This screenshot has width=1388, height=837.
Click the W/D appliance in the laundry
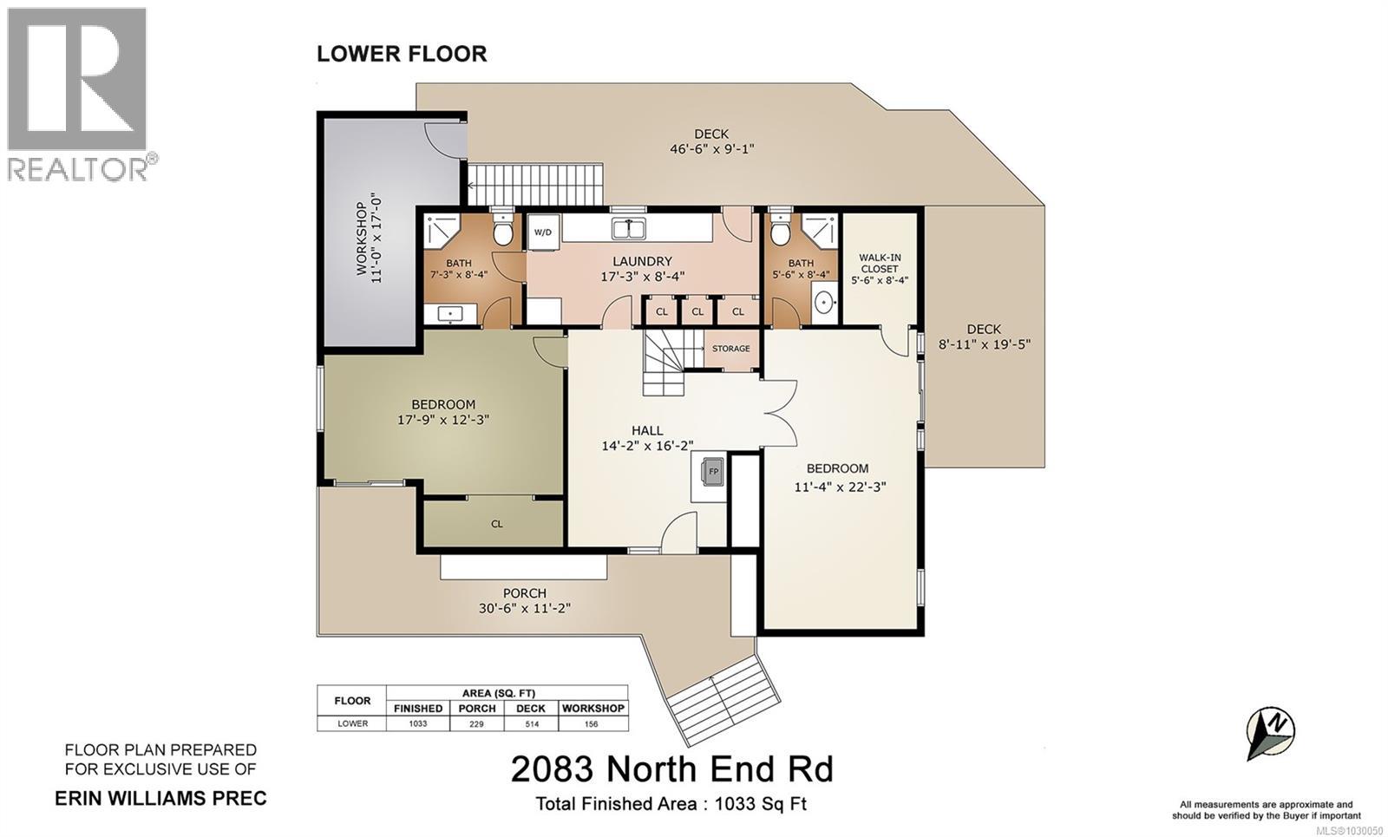(x=543, y=232)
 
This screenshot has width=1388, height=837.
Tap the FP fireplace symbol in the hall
(x=714, y=472)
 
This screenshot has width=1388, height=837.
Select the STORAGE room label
(x=730, y=349)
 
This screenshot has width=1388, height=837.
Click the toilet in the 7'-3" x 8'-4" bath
(x=501, y=230)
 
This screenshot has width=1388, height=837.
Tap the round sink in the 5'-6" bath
(x=825, y=302)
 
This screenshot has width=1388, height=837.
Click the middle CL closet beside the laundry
(x=697, y=311)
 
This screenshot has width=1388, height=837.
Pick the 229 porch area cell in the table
(x=477, y=723)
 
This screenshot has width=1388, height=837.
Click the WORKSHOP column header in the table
(x=593, y=709)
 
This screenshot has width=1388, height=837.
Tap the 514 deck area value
(x=532, y=723)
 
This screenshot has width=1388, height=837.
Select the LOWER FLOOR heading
(x=402, y=54)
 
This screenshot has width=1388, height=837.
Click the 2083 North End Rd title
(x=671, y=769)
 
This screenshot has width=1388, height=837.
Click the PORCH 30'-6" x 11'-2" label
(x=524, y=600)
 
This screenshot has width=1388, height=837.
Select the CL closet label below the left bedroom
(x=497, y=524)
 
